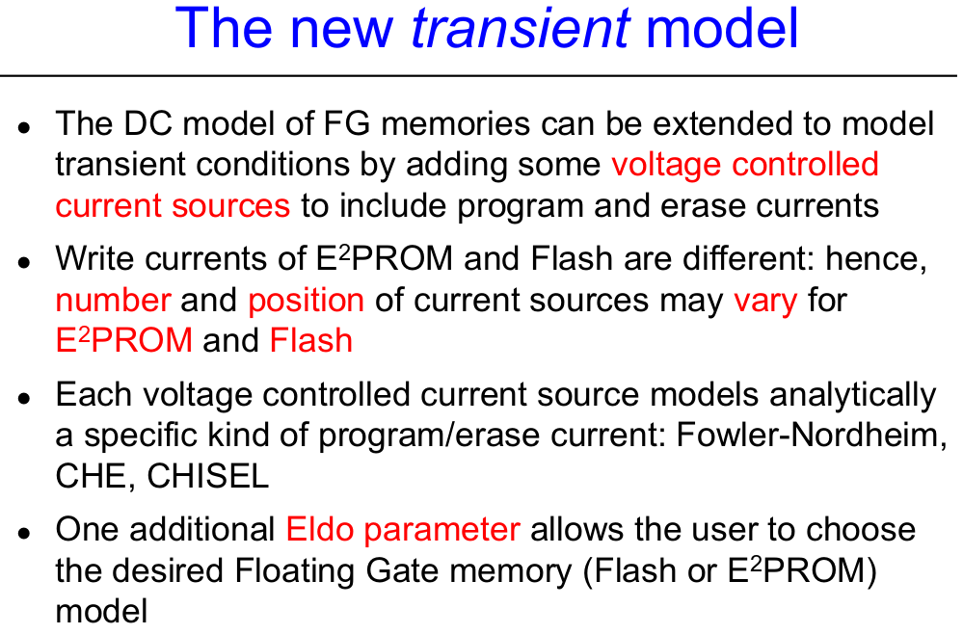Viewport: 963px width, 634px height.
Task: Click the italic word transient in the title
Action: pos(521,28)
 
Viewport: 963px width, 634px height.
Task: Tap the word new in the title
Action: pos(341,28)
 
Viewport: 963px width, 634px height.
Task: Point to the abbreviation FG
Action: pos(347,123)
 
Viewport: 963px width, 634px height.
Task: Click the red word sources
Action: pos(230,206)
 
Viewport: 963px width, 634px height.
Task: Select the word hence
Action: pos(875,259)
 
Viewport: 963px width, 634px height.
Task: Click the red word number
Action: pos(113,300)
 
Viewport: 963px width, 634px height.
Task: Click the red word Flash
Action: pos(310,341)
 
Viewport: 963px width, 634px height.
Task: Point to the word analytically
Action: pos(852,395)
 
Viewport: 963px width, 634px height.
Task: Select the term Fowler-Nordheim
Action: pos(811,436)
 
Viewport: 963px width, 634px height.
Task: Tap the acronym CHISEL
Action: pos(207,476)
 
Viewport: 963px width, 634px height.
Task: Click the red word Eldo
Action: pos(319,530)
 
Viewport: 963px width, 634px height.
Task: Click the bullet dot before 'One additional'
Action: pos(24,532)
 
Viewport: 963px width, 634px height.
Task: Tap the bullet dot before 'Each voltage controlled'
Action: pos(24,398)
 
